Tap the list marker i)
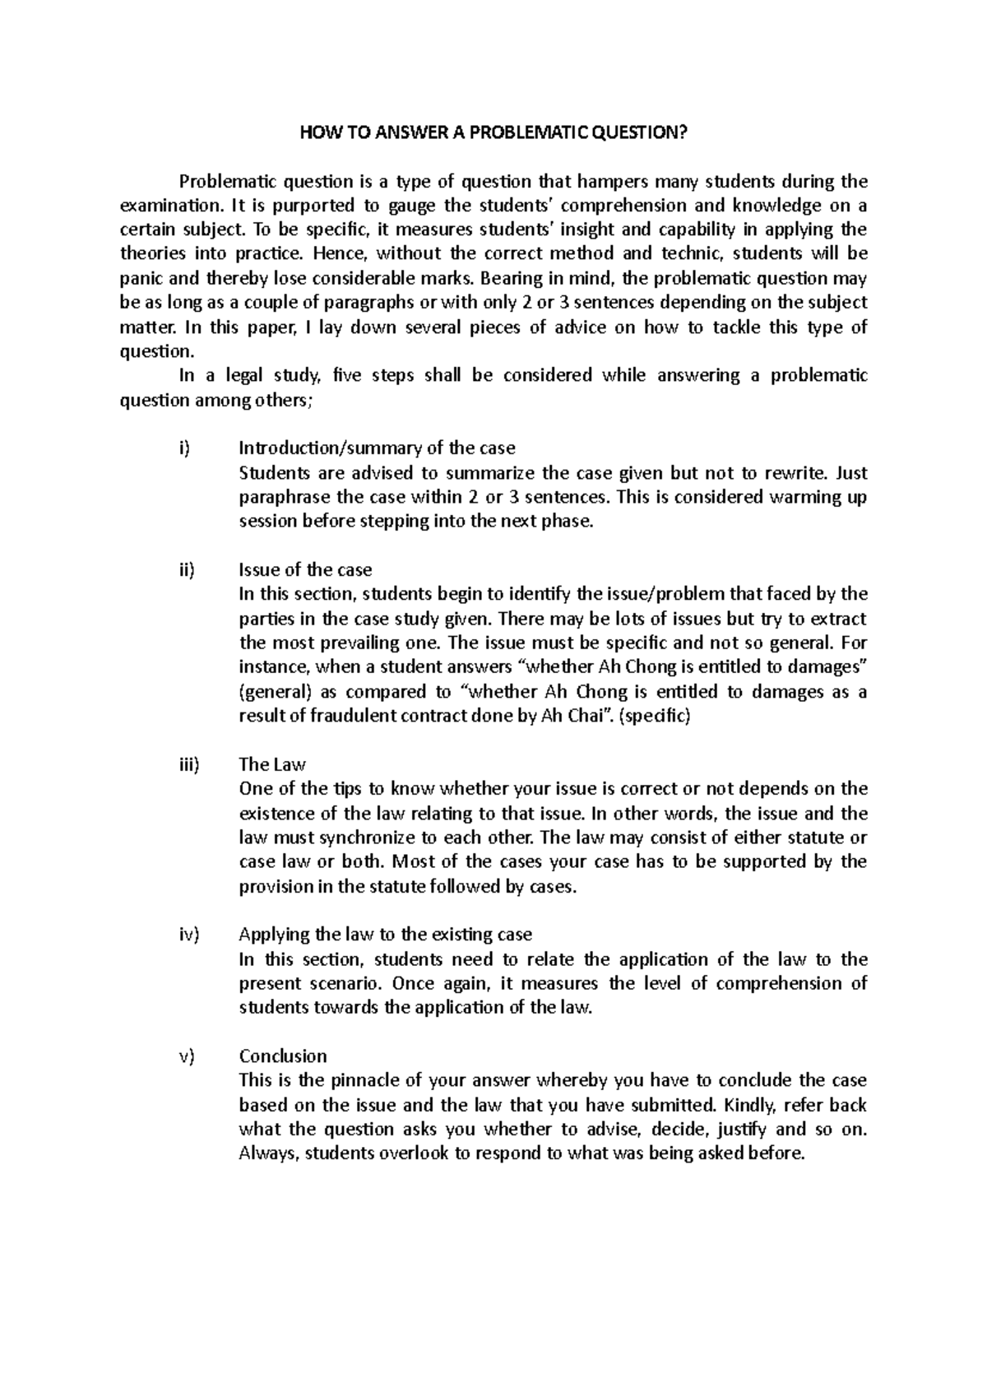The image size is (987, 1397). [x=183, y=448]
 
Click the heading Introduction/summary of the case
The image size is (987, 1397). [x=377, y=448]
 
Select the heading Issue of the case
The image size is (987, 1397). [x=304, y=570]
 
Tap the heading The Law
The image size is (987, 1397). [x=271, y=764]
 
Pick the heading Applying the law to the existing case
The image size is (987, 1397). [x=385, y=935]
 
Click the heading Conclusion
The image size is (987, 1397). [x=282, y=1056]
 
